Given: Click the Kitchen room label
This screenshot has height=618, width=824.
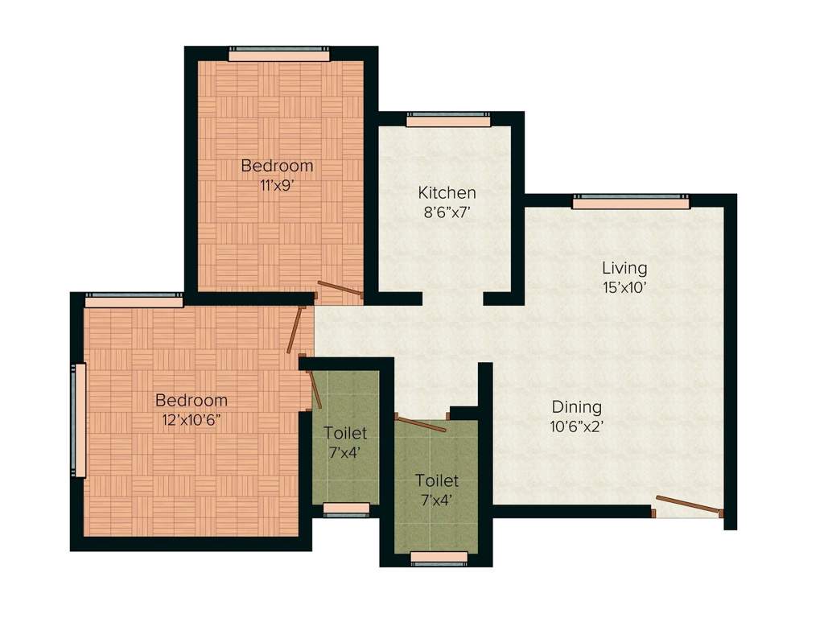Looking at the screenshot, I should coord(447,193).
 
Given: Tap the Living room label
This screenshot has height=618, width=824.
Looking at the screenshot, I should coord(624,268).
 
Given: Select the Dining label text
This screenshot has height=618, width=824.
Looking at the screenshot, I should coord(576,407).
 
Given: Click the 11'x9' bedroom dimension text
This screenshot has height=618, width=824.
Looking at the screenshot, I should coord(277,184).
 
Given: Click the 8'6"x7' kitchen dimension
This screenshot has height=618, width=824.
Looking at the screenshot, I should coord(447,213).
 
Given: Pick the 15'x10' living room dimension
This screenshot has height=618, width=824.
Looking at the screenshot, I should coord(624,287).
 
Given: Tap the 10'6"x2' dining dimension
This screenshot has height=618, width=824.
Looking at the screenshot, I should coord(577,426).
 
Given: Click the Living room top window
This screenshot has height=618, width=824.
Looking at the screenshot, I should coord(631,203).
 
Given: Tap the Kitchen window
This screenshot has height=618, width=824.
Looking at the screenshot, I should coord(447,121).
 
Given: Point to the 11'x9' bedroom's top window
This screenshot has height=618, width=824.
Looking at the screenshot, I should coord(278,55).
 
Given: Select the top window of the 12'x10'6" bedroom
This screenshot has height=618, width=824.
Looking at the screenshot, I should coord(134,300).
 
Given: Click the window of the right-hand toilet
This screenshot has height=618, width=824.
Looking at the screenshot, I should coord(439,557).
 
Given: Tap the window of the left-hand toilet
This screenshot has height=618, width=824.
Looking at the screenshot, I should coord(346,509).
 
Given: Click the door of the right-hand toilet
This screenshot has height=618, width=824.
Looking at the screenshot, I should coord(420,423).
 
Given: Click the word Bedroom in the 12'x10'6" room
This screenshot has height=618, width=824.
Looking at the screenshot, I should coord(192,400).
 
